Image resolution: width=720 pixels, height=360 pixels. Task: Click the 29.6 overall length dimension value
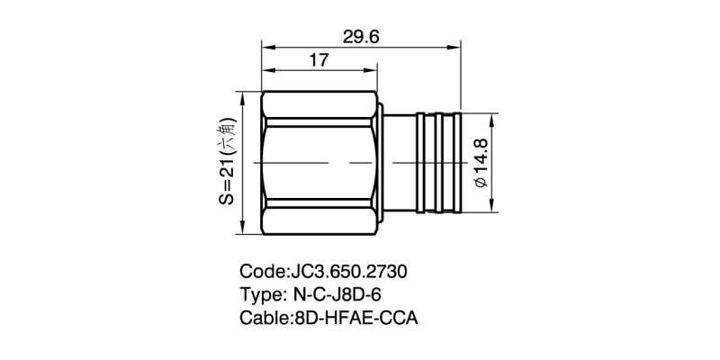pyautogui.click(x=362, y=35)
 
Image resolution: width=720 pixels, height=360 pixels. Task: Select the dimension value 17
pyautogui.click(x=318, y=62)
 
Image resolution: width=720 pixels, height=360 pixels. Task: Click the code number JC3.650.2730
pyautogui.click(x=353, y=271)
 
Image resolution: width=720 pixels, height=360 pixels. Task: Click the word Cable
pyautogui.click(x=265, y=318)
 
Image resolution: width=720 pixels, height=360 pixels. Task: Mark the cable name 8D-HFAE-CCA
pyautogui.click(x=356, y=318)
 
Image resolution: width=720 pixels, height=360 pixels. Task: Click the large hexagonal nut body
pyautogui.click(x=319, y=162)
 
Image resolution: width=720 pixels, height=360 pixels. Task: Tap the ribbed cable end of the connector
pyautogui.click(x=437, y=162)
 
